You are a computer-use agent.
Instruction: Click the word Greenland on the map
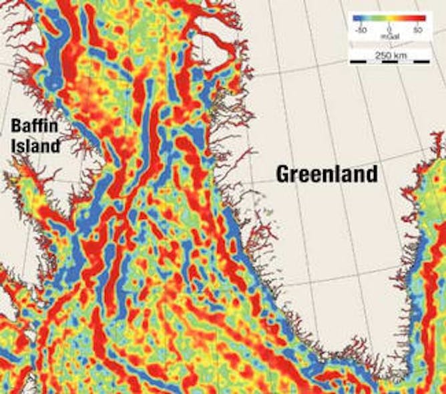click(x=327, y=175)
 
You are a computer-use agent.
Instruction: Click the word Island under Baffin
click(x=35, y=144)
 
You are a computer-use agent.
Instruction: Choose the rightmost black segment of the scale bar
click(x=421, y=61)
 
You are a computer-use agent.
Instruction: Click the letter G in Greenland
click(x=284, y=175)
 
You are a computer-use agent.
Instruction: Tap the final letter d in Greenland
click(x=371, y=175)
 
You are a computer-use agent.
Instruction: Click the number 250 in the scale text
click(x=383, y=55)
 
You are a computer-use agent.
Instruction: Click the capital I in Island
click(x=13, y=144)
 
